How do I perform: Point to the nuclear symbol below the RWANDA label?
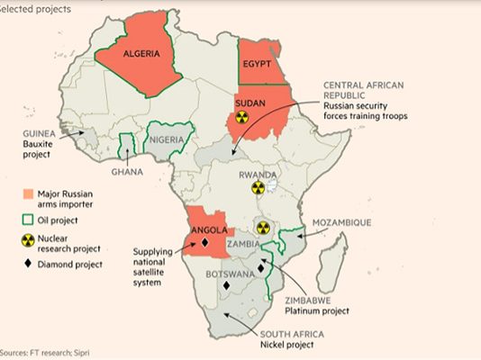point(258,188)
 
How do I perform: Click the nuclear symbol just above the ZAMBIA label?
point(262,228)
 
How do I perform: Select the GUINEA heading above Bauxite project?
point(40,132)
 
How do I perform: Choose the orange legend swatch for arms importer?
point(28,194)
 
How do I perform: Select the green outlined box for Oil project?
point(28,219)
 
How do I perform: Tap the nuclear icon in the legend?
point(28,242)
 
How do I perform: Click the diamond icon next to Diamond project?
point(28,265)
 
